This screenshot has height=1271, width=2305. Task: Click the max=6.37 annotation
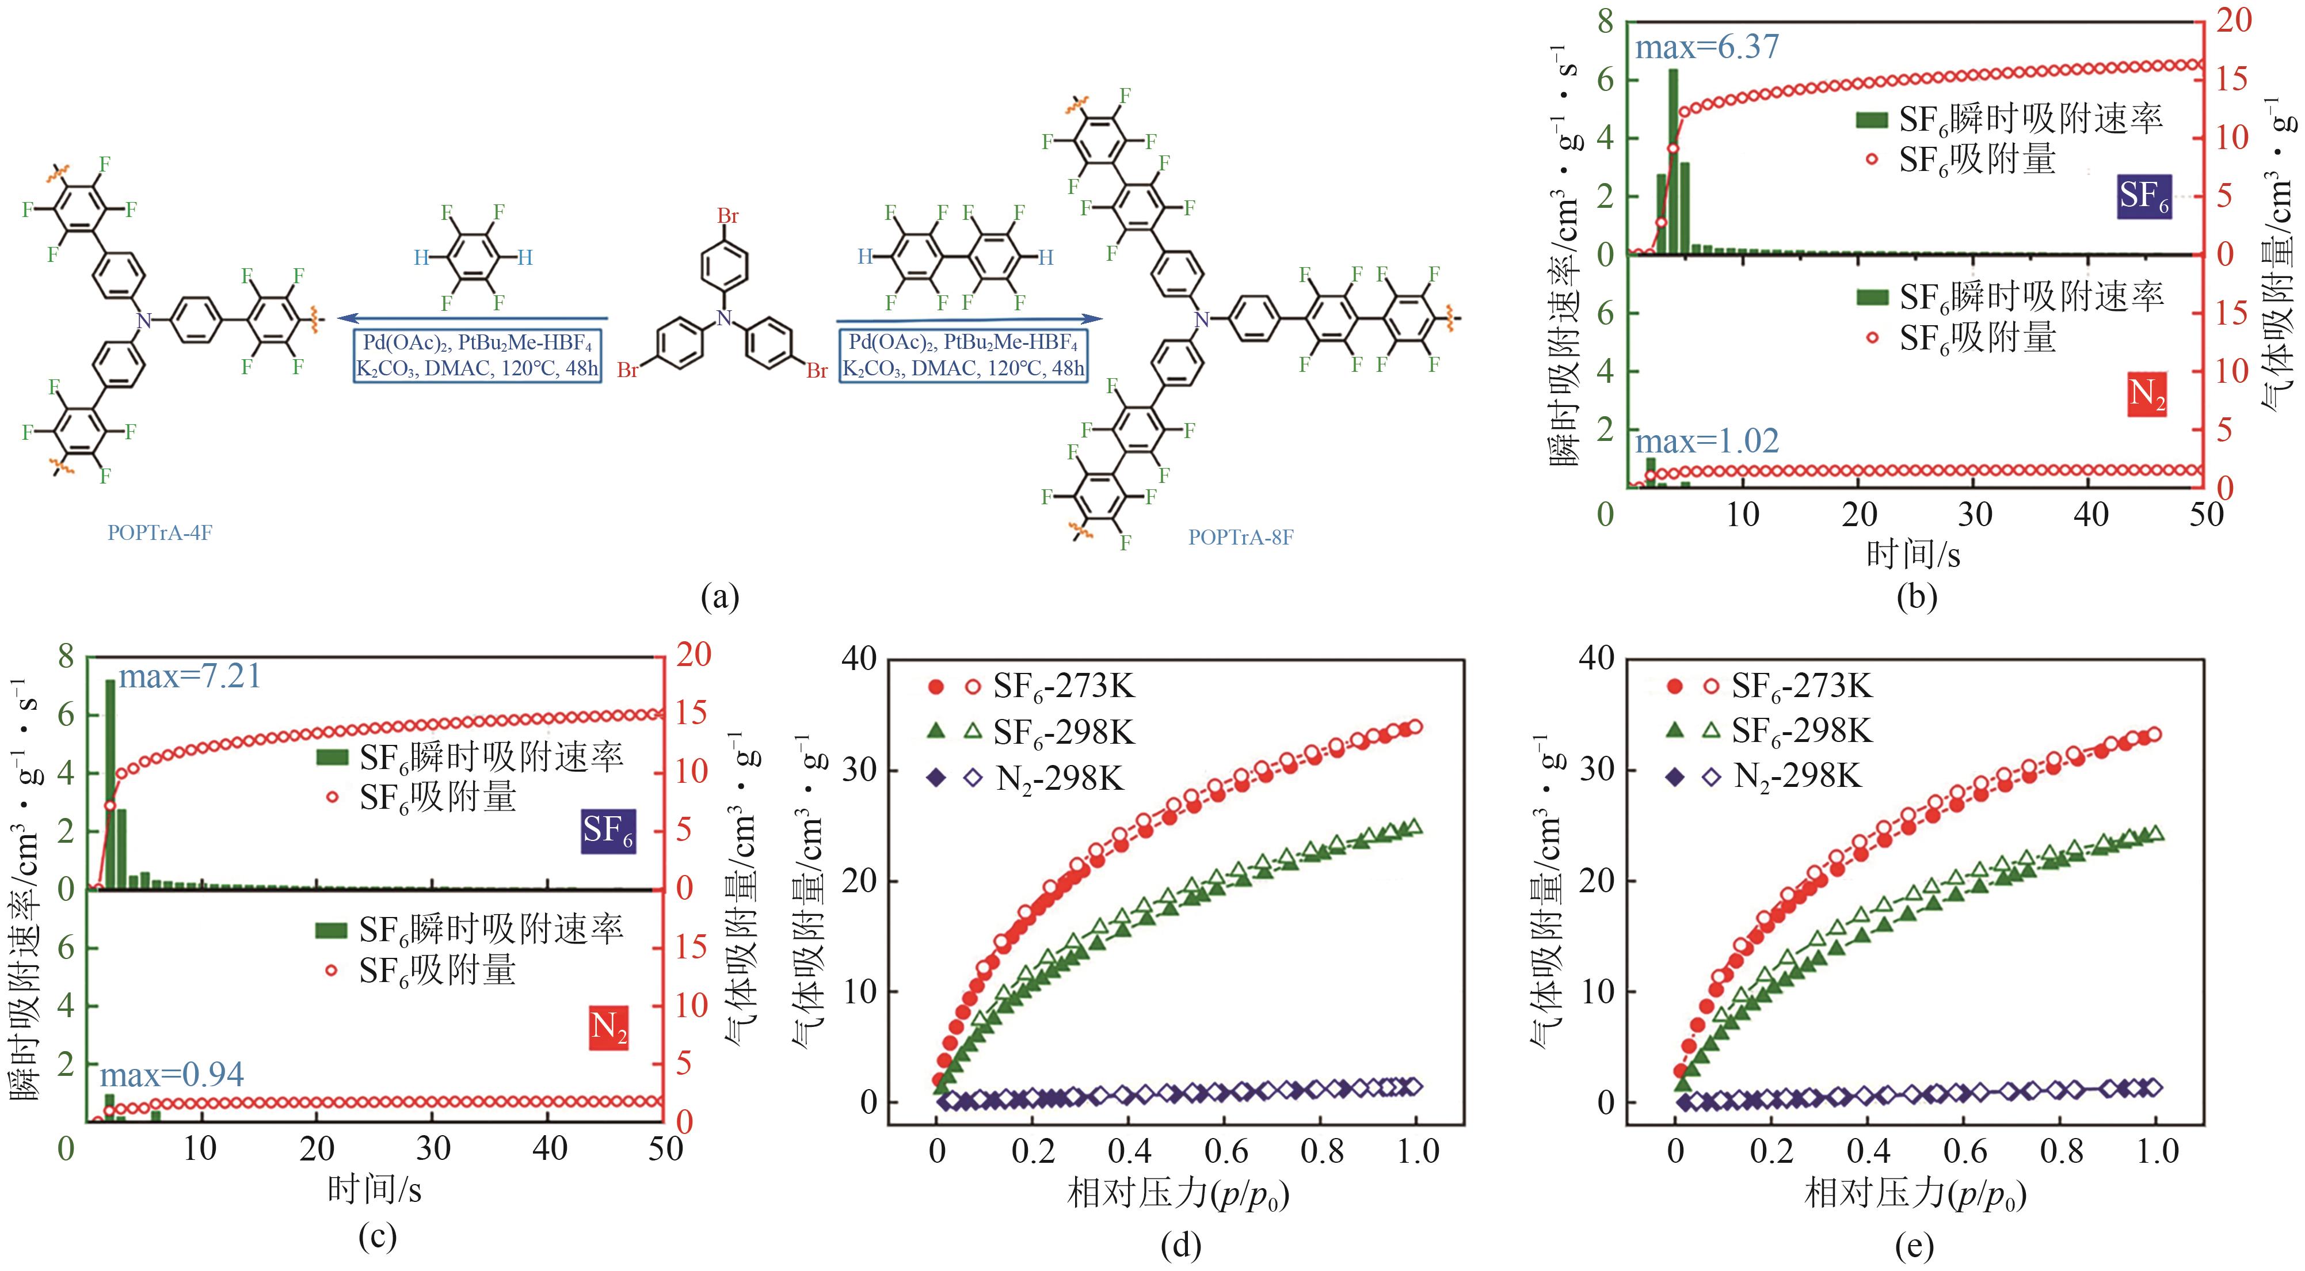click(1706, 47)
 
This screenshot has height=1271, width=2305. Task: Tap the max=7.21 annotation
click(190, 677)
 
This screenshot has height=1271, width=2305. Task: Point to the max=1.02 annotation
click(1706, 442)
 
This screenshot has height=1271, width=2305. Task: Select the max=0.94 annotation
click(172, 1074)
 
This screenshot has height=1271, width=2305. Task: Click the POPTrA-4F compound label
click(159, 532)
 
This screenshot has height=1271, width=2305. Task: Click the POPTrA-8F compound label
click(1240, 537)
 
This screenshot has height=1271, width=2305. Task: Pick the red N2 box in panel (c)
click(608, 1026)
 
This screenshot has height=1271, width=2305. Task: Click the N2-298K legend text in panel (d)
click(1060, 779)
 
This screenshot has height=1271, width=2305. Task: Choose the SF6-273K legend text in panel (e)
click(1801, 687)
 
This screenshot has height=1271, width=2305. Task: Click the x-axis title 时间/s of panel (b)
click(1912, 555)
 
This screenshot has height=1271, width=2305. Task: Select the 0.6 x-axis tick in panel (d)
click(1226, 1151)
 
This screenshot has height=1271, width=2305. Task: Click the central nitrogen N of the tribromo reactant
click(725, 317)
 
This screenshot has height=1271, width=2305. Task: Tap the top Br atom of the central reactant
click(727, 216)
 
